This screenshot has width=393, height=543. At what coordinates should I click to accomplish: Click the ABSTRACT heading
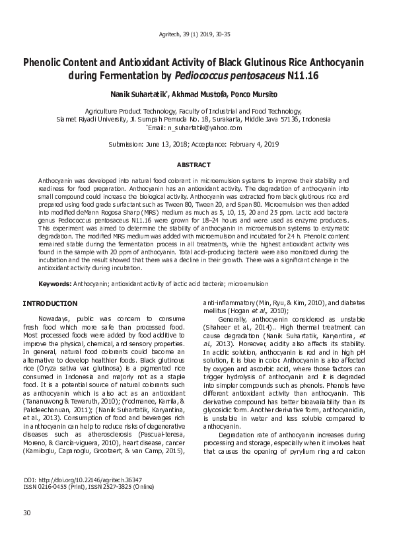196,164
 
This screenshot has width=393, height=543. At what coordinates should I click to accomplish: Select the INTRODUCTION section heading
50,303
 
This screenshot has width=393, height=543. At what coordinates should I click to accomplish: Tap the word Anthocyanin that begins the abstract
55,180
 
